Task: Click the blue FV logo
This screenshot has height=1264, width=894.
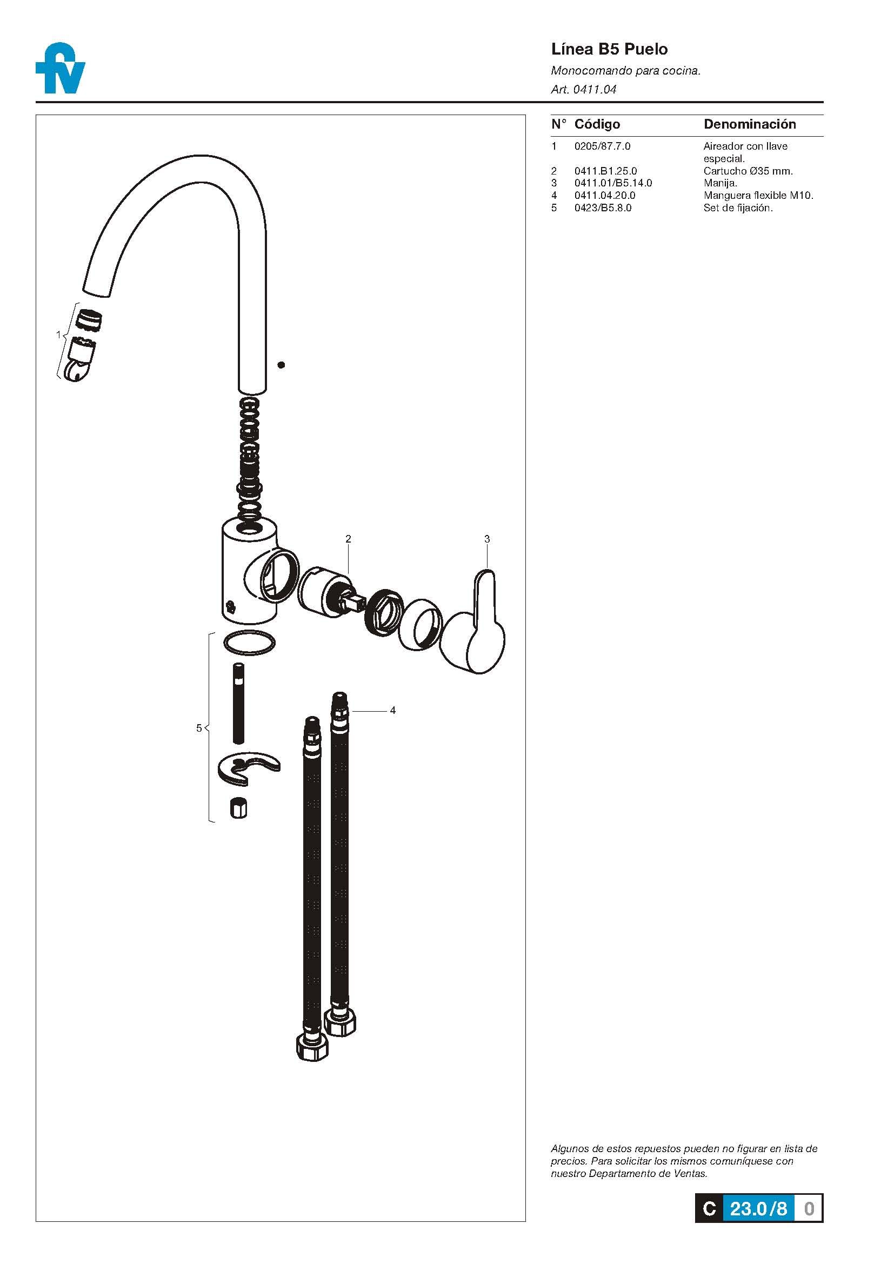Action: (60, 68)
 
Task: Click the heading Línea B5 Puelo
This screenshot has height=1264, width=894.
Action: (609, 50)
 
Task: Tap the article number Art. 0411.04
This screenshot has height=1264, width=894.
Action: (584, 89)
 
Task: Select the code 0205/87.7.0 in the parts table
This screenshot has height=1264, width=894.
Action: (602, 146)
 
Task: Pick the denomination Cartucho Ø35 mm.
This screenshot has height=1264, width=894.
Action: (748, 171)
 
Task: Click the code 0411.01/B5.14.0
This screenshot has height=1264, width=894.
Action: (613, 183)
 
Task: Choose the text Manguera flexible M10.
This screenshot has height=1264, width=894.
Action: (758, 195)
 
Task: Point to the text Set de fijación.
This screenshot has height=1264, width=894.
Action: (738, 208)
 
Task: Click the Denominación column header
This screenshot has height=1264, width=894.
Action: (750, 124)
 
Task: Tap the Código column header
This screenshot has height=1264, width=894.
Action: (597, 124)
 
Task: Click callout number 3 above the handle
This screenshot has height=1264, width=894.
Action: (486, 539)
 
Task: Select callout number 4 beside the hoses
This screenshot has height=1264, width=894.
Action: (392, 710)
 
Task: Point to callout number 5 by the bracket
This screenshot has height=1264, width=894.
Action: (199, 728)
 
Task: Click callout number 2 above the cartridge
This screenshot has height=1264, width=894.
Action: (348, 538)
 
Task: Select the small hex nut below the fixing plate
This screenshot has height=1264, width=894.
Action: (238, 807)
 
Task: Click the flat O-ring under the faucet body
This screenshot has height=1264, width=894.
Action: (249, 643)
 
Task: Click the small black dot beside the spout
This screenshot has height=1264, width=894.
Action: (281, 364)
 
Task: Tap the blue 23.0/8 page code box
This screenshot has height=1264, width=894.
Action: (758, 1208)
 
